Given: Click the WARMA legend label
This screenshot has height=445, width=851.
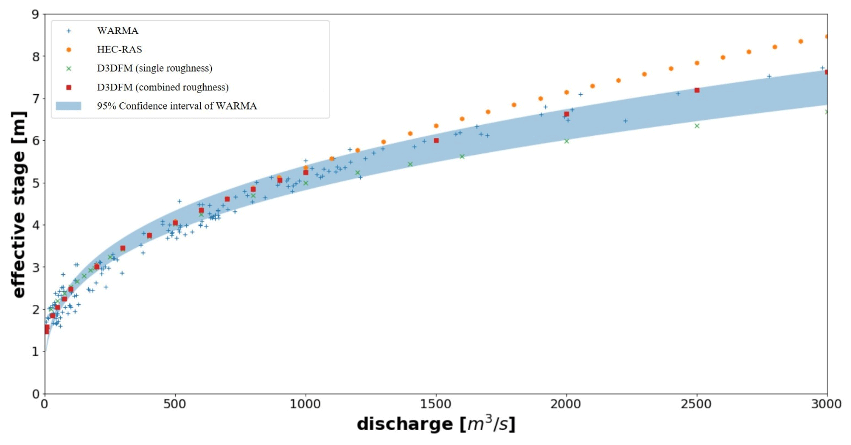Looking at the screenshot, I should pyautogui.click(x=117, y=31).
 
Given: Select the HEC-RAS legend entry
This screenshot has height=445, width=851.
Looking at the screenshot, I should pyautogui.click(x=119, y=49).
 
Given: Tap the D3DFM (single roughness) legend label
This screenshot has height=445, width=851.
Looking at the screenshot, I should pyautogui.click(x=154, y=68).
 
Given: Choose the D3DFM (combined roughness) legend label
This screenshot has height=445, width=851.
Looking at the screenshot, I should pyautogui.click(x=163, y=88).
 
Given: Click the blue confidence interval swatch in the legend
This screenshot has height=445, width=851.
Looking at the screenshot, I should pyautogui.click(x=68, y=106).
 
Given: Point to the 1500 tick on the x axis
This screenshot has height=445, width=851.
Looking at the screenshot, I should pyautogui.click(x=436, y=404).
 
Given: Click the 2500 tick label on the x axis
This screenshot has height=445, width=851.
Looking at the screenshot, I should pyautogui.click(x=696, y=404).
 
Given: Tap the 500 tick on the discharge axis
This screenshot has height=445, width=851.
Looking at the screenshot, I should pyautogui.click(x=175, y=404).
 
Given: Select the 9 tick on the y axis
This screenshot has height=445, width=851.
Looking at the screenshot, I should pyautogui.click(x=36, y=15).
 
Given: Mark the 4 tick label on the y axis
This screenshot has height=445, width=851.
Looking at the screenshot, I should pyautogui.click(x=36, y=226).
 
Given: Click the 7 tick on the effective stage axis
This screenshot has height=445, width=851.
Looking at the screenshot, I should pyautogui.click(x=36, y=99).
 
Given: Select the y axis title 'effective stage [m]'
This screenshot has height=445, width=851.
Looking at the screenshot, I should pyautogui.click(x=19, y=204).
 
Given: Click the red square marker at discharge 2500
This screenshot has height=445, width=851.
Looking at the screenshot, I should pyautogui.click(x=697, y=90).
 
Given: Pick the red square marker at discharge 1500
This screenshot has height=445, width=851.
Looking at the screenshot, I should pyautogui.click(x=436, y=141).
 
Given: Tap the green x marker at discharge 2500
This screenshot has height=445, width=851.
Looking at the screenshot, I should pyautogui.click(x=697, y=126).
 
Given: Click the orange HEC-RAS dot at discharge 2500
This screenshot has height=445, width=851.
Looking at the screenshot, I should pyautogui.click(x=697, y=63).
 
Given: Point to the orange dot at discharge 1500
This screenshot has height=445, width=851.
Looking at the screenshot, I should pyautogui.click(x=436, y=126).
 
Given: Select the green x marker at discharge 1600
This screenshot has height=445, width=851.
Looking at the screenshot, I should pyautogui.click(x=462, y=157).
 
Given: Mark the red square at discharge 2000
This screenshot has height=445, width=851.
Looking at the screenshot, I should pyautogui.click(x=567, y=114).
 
